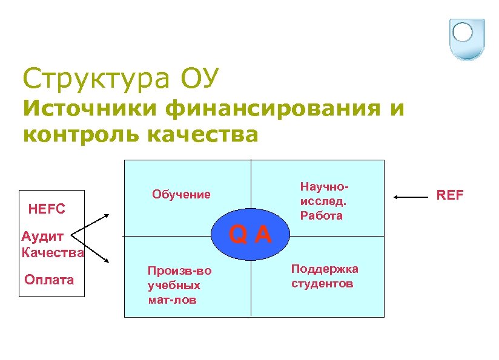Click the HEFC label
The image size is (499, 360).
[47, 209]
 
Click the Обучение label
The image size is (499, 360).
[182, 194]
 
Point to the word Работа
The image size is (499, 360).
[321, 215]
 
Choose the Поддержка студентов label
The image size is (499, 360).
[325, 276]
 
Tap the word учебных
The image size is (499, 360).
[174, 285]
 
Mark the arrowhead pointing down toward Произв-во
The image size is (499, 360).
[107, 261]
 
